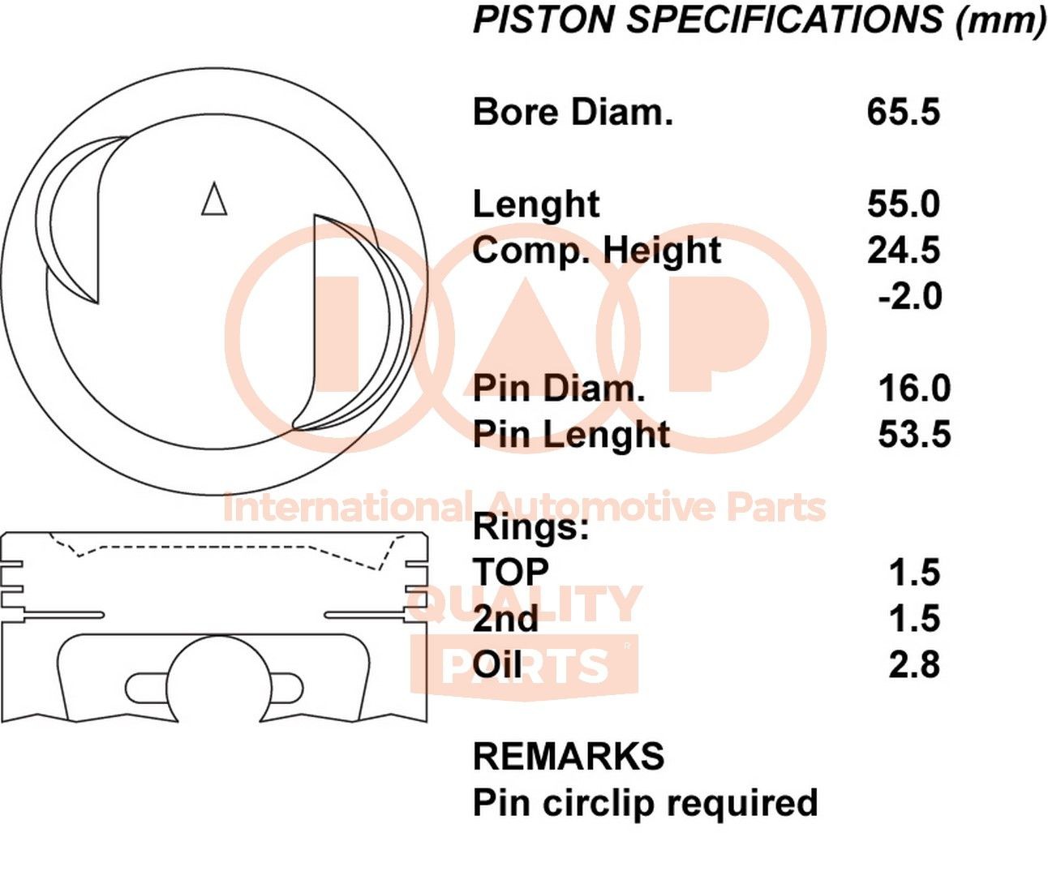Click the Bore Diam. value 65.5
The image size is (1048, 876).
click(903, 112)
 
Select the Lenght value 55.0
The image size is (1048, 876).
click(903, 204)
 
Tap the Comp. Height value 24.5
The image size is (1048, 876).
click(903, 250)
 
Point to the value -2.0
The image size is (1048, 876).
click(909, 296)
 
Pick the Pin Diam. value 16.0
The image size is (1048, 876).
click(914, 388)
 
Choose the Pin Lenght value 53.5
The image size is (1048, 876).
click(914, 434)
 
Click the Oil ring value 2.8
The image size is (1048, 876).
click(914, 664)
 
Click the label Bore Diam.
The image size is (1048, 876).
click(573, 112)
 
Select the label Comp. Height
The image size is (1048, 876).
click(596, 251)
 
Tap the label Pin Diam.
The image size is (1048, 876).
click(559, 388)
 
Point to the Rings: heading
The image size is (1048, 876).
click(530, 527)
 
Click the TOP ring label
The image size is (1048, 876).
click(511, 573)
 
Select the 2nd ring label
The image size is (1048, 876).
click(505, 619)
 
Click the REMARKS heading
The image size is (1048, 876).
click(569, 757)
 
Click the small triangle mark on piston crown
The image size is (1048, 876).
click(214, 199)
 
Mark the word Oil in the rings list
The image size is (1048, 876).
click(497, 665)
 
